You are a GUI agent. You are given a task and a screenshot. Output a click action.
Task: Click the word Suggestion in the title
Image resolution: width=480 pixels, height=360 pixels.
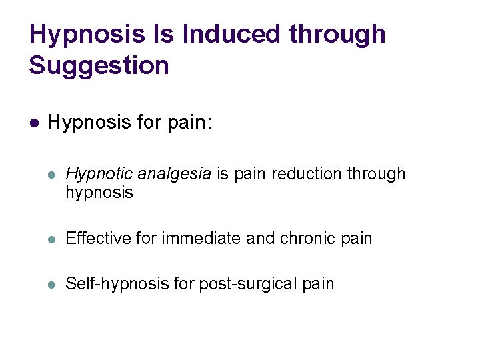(99, 65)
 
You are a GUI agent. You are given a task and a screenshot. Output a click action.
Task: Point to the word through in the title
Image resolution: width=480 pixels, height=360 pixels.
(339, 33)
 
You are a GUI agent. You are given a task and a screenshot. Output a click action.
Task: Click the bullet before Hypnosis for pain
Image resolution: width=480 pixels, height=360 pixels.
(34, 123)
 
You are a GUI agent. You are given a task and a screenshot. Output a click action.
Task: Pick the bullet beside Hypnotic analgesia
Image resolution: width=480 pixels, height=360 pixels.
(53, 175)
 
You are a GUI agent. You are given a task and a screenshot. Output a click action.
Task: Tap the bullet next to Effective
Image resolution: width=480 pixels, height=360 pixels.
(53, 239)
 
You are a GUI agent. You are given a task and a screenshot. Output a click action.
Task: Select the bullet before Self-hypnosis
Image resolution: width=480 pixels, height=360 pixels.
(53, 284)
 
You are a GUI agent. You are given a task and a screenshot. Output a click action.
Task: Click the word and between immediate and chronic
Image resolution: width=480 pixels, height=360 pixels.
(260, 238)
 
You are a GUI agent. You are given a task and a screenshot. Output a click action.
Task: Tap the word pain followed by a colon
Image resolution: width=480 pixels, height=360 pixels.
(190, 123)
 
